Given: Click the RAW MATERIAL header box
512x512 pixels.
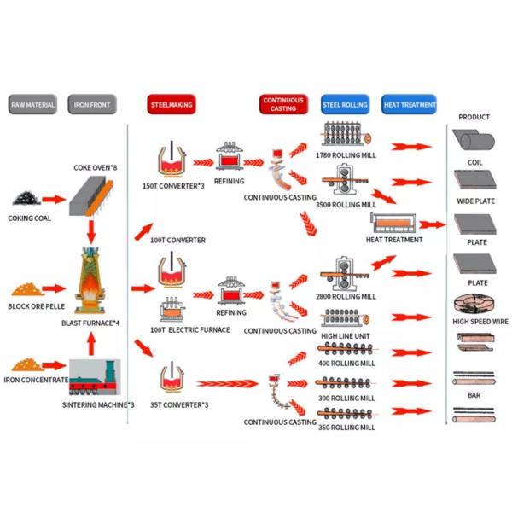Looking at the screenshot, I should pos(32,106).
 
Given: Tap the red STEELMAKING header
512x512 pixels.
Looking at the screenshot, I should pos(172,106).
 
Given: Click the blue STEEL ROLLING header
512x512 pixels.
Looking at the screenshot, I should pos(345,106).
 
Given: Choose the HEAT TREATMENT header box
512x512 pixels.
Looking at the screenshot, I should pos(409,106).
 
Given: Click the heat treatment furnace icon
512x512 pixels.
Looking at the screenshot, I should pos(396,224).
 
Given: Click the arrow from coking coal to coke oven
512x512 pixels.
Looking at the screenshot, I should pos(54,199).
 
